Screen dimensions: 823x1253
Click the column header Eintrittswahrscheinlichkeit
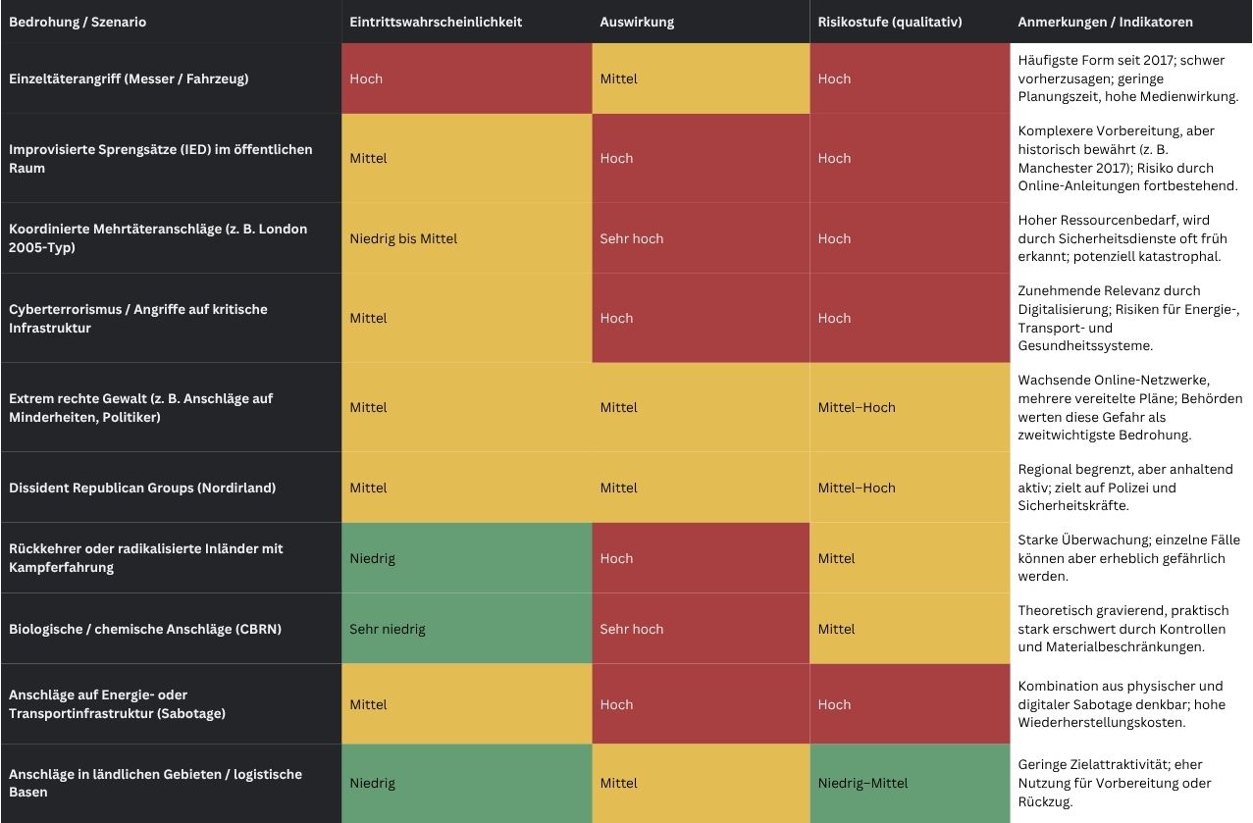tap(436, 22)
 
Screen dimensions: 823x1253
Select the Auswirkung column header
tap(637, 22)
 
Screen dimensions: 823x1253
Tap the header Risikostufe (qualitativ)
tap(889, 22)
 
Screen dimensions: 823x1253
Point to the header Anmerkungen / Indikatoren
tap(1105, 22)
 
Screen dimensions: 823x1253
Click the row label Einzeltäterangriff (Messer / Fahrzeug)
tap(129, 78)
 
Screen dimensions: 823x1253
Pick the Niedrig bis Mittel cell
tap(403, 238)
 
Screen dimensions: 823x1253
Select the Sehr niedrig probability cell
tap(388, 629)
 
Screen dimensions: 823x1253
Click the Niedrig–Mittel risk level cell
tap(863, 783)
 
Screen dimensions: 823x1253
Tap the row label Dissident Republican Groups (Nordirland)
tap(142, 488)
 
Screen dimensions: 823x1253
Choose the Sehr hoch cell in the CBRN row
tap(632, 629)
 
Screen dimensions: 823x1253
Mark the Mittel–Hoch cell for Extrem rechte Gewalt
tap(857, 407)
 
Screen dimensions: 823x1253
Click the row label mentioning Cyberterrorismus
tap(137, 318)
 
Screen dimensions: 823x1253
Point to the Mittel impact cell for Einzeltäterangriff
tap(619, 78)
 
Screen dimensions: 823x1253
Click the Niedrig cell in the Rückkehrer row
tap(372, 558)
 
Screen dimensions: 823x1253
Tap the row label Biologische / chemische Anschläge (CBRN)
tap(145, 629)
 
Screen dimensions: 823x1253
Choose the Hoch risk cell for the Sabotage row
tap(835, 704)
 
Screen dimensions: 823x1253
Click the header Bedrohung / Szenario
tap(78, 22)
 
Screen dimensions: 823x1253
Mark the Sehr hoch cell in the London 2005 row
tap(632, 238)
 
